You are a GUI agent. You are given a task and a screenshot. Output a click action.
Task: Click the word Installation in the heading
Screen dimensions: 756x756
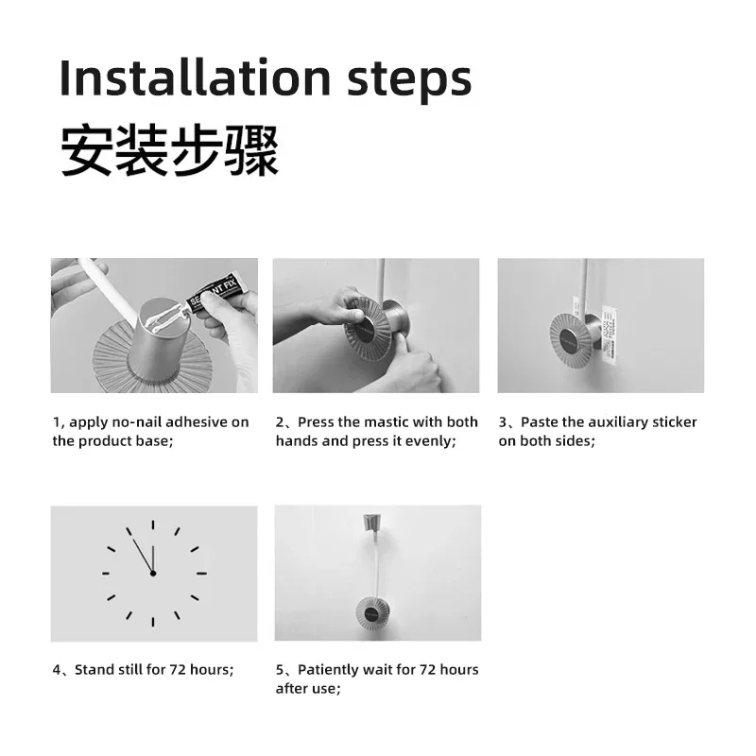[x=196, y=77]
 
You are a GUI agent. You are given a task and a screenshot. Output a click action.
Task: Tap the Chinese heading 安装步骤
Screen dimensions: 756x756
[x=169, y=150]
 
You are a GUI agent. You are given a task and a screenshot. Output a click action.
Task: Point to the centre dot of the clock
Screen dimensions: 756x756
[x=153, y=574]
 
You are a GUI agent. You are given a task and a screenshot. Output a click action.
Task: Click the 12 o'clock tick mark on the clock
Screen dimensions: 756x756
[x=153, y=525]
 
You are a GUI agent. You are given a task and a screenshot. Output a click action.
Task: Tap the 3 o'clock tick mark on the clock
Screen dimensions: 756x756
[x=201, y=574]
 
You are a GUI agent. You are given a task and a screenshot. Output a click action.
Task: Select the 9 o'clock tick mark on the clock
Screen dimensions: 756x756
[x=106, y=574]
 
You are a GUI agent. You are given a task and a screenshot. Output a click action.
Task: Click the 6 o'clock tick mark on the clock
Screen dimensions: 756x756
[x=153, y=622]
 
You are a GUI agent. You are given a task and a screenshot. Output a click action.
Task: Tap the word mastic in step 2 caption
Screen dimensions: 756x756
[x=387, y=421]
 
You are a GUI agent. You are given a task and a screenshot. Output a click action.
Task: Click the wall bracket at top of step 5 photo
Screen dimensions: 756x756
[x=371, y=524]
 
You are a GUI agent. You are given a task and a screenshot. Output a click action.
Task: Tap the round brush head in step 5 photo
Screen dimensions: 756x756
[x=372, y=610]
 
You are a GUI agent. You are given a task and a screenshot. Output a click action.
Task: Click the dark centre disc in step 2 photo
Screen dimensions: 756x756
[x=368, y=329]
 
